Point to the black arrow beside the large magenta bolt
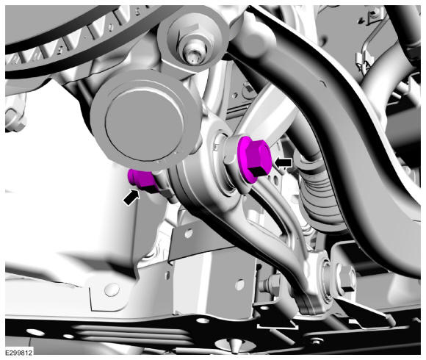283,162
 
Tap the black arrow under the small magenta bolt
131,197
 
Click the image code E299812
19,353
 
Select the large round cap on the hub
144,122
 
